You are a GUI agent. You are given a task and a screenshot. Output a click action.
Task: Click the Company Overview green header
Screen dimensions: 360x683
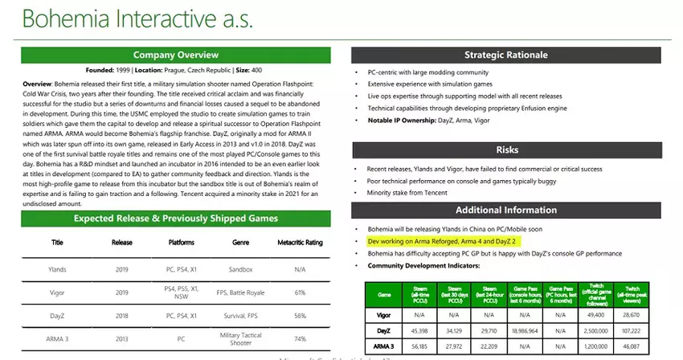[x=175, y=55]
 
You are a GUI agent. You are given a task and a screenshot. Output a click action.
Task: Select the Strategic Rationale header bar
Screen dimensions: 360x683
[x=505, y=55]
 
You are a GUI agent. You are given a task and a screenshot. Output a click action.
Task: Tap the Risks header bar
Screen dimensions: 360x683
[x=505, y=149]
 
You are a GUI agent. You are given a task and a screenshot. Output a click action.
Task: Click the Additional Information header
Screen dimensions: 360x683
[x=505, y=211]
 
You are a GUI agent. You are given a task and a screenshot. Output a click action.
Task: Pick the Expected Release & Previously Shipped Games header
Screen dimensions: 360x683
[x=175, y=218]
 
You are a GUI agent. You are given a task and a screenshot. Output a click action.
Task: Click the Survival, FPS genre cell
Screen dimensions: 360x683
[x=240, y=316]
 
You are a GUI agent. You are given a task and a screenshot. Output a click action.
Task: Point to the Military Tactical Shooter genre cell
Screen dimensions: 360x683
[x=240, y=339]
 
